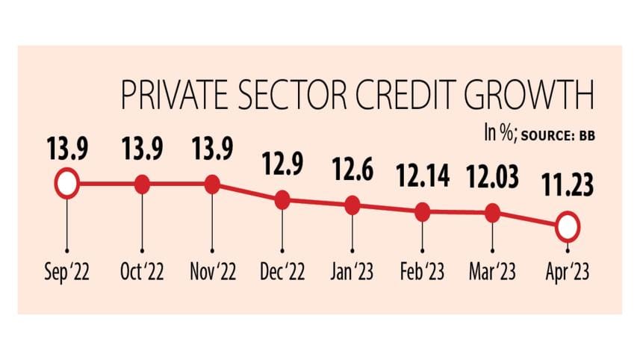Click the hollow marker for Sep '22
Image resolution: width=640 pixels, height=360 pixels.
tap(66, 184)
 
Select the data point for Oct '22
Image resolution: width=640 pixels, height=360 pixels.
tap(142, 184)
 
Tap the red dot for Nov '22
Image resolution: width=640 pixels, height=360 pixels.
tap(212, 184)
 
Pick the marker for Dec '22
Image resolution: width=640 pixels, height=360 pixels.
tap(282, 200)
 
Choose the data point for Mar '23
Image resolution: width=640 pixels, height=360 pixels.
tap(492, 214)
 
